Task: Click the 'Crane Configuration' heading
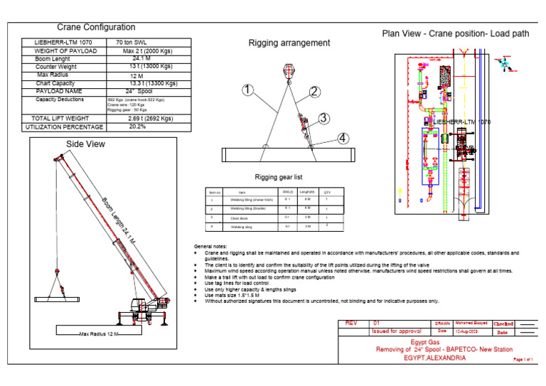[96, 27]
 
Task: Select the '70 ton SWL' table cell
[135, 43]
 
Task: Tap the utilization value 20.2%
[138, 127]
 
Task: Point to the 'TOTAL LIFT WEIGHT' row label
[60, 118]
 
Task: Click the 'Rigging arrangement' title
[289, 43]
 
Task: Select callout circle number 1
[247, 90]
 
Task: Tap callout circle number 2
[314, 91]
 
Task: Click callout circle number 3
[323, 118]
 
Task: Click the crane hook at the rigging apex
[289, 70]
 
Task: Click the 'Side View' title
[86, 144]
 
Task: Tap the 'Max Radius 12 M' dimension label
[100, 333]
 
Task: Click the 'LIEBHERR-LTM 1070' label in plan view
[462, 122]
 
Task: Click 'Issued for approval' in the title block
[397, 331]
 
